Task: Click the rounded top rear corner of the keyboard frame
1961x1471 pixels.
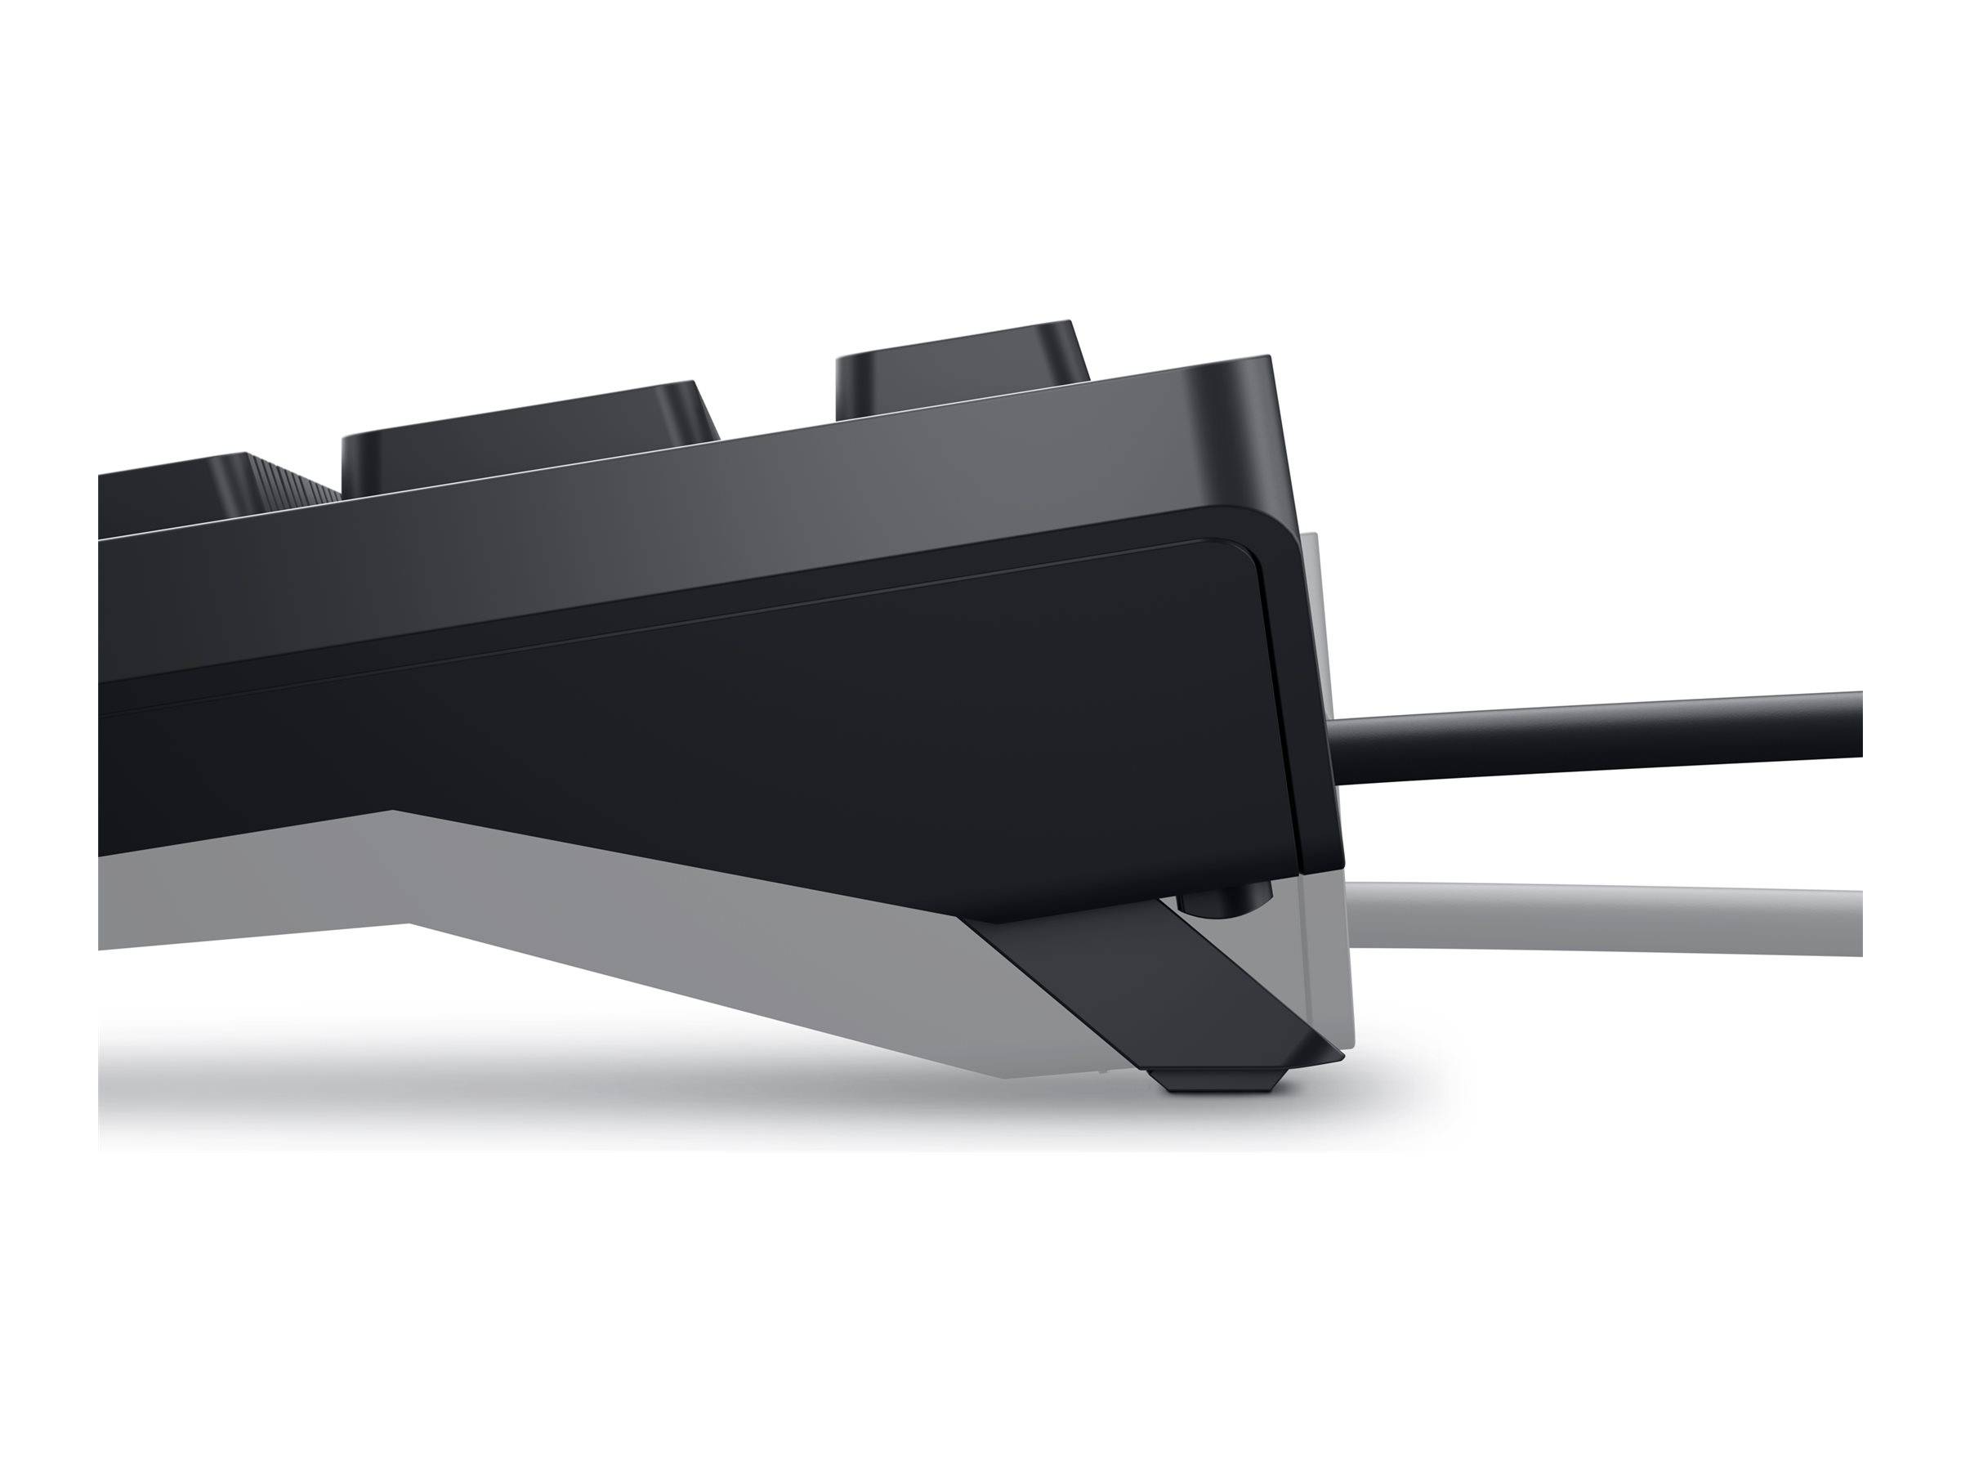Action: coord(1245,373)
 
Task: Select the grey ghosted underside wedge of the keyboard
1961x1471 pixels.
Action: coord(665,931)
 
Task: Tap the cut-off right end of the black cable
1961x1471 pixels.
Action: coord(1855,726)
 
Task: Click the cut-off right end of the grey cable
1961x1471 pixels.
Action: coord(1855,922)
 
